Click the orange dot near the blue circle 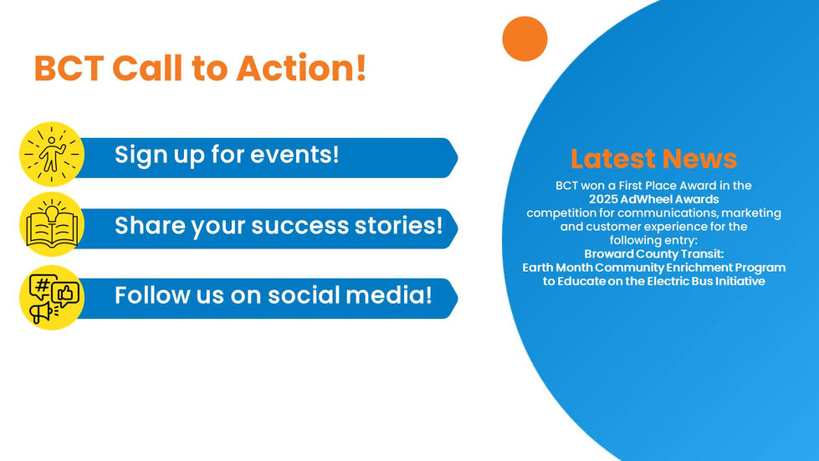525,38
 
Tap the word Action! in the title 301,68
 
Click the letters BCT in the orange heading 69,68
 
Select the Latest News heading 653,158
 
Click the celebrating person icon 52,154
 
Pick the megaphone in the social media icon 42,312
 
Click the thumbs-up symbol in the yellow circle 65,295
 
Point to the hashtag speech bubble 43,286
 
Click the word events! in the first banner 294,154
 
